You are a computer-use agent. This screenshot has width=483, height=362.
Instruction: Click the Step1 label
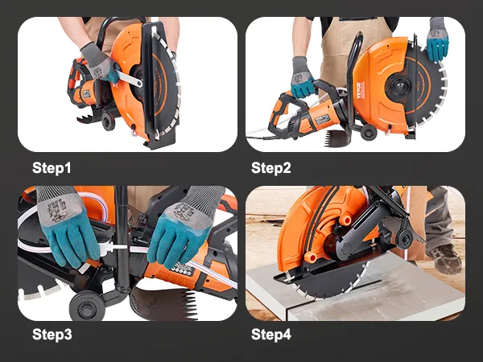pyautogui.click(x=52, y=168)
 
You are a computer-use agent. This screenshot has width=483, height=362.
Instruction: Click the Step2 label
pyautogui.click(x=270, y=168)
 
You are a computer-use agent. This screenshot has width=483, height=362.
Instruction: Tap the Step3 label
pyautogui.click(x=52, y=335)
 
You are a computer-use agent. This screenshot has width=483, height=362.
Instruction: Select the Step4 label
pyautogui.click(x=270, y=335)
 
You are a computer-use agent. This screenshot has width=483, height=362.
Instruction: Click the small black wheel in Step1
pyautogui.click(x=108, y=121)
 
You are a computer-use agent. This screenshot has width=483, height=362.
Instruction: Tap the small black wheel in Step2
pyautogui.click(x=369, y=131)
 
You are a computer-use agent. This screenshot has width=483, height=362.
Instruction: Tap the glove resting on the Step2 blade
pyautogui.click(x=437, y=39)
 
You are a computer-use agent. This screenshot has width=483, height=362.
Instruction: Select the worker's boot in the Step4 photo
pyautogui.click(x=444, y=258)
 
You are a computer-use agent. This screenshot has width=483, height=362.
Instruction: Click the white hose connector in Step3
pyautogui.click(x=116, y=247)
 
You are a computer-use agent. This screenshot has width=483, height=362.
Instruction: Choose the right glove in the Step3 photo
pyautogui.click(x=184, y=227)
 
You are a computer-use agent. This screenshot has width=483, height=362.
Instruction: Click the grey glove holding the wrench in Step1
pyautogui.click(x=99, y=62)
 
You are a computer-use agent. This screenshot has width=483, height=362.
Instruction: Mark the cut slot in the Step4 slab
pyautogui.click(x=364, y=285)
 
